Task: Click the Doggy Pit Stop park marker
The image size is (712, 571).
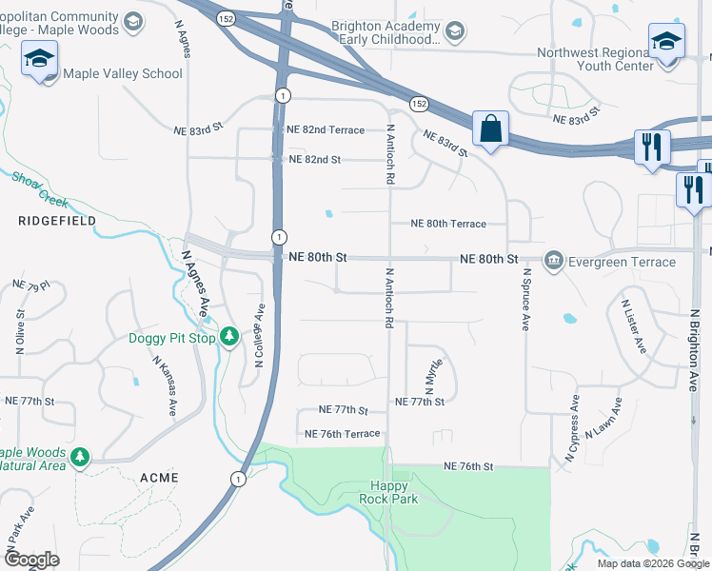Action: [229, 337]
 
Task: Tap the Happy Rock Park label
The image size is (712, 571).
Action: [388, 492]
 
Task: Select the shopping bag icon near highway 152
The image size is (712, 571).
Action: [490, 128]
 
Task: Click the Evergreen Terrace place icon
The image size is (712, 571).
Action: [553, 261]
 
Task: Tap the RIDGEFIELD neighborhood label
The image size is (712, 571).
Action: [44, 220]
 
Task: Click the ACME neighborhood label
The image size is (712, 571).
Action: [159, 477]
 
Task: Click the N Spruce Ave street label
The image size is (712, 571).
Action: [524, 300]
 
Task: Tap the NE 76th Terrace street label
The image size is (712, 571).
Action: [342, 434]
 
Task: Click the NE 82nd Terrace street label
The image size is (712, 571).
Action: [326, 129]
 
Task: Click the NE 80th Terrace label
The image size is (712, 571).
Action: [447, 225]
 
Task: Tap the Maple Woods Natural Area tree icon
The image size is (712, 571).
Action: [80, 458]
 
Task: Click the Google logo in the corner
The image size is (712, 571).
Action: [31, 560]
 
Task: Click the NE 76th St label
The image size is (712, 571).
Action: [468, 466]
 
